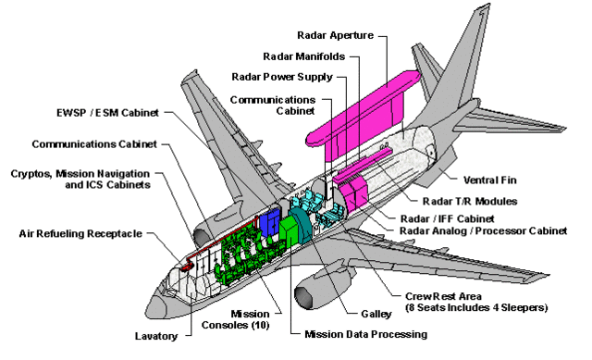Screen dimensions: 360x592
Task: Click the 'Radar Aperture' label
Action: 334,35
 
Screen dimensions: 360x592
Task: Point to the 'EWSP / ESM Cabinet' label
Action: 107,113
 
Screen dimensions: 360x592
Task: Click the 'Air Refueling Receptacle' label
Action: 80,233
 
